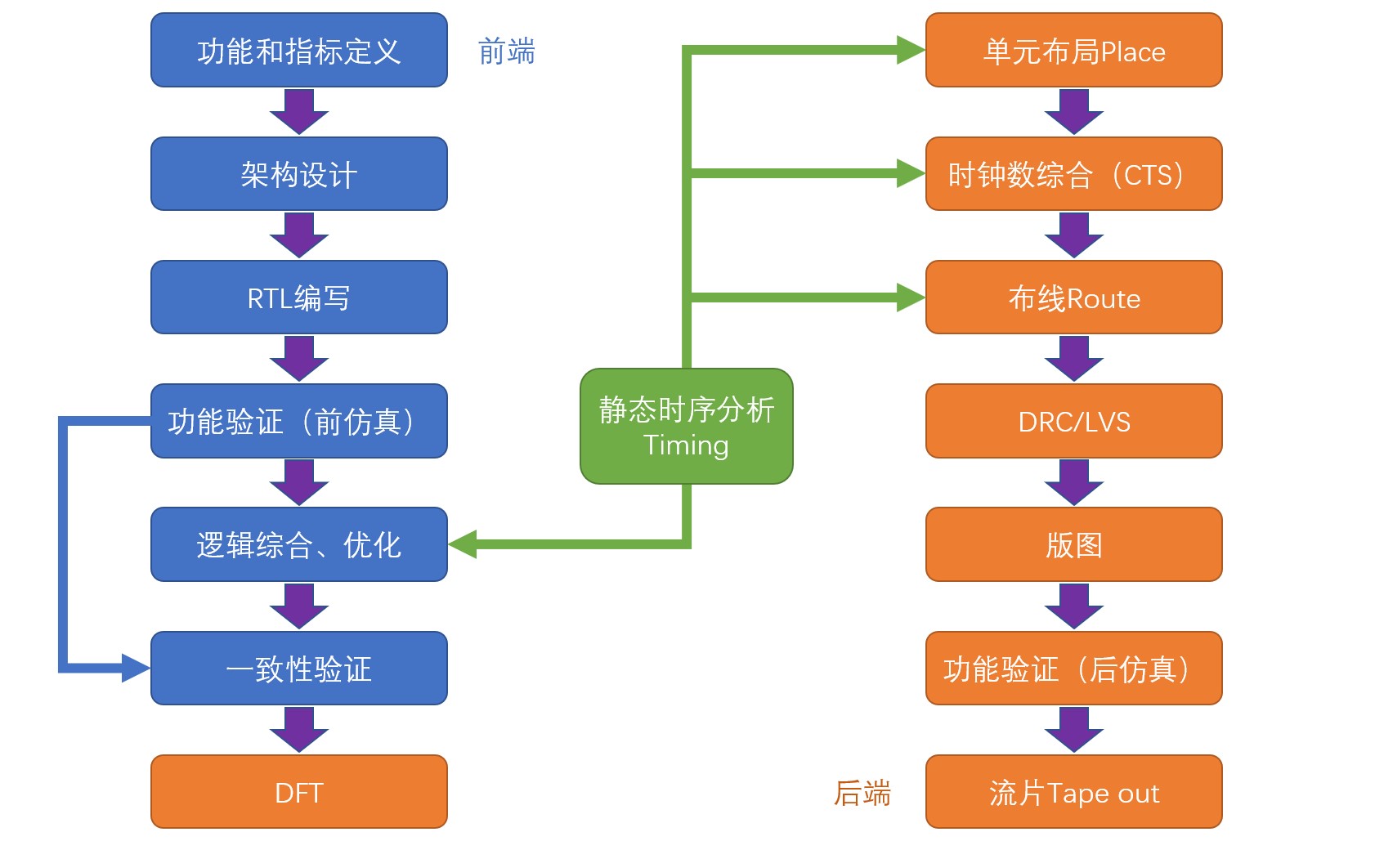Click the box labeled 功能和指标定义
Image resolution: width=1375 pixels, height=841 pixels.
(299, 51)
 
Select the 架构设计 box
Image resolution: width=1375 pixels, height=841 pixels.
(299, 174)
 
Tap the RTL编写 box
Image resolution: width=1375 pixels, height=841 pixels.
(299, 297)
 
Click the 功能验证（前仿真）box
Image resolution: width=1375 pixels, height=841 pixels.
(299, 421)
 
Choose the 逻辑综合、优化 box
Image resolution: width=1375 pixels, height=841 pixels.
(299, 544)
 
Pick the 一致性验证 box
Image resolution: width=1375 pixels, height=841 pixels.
(299, 669)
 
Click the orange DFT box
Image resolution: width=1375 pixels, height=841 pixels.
(299, 792)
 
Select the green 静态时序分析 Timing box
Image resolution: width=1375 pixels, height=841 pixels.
(687, 427)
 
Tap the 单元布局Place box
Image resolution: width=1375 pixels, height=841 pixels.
(1073, 51)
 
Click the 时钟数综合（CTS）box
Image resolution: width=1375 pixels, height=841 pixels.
(1073, 174)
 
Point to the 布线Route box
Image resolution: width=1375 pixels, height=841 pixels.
(1073, 297)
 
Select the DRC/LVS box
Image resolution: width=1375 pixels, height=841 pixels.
(1073, 421)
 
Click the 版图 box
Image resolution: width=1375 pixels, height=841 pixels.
(1073, 544)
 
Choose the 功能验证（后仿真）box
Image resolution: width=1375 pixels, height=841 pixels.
(1073, 669)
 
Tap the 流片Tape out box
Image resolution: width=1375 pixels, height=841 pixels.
(1073, 792)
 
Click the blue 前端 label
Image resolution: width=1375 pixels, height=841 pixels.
(507, 51)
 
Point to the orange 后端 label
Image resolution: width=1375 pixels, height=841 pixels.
(862, 793)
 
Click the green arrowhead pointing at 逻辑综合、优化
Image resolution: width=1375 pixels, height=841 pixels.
(464, 544)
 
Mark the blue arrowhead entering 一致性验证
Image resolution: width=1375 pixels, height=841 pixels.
(136, 668)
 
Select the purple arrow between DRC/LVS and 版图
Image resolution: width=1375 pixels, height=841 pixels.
(1073, 483)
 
